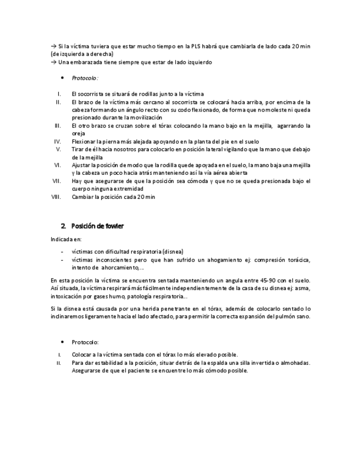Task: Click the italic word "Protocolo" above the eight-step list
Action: (x=85, y=78)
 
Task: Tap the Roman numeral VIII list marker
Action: (x=56, y=196)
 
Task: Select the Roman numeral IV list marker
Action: (x=57, y=141)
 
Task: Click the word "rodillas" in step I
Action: (x=125, y=94)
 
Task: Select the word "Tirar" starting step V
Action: (x=79, y=149)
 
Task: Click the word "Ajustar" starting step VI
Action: (x=81, y=165)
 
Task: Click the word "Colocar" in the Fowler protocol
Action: (x=82, y=354)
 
